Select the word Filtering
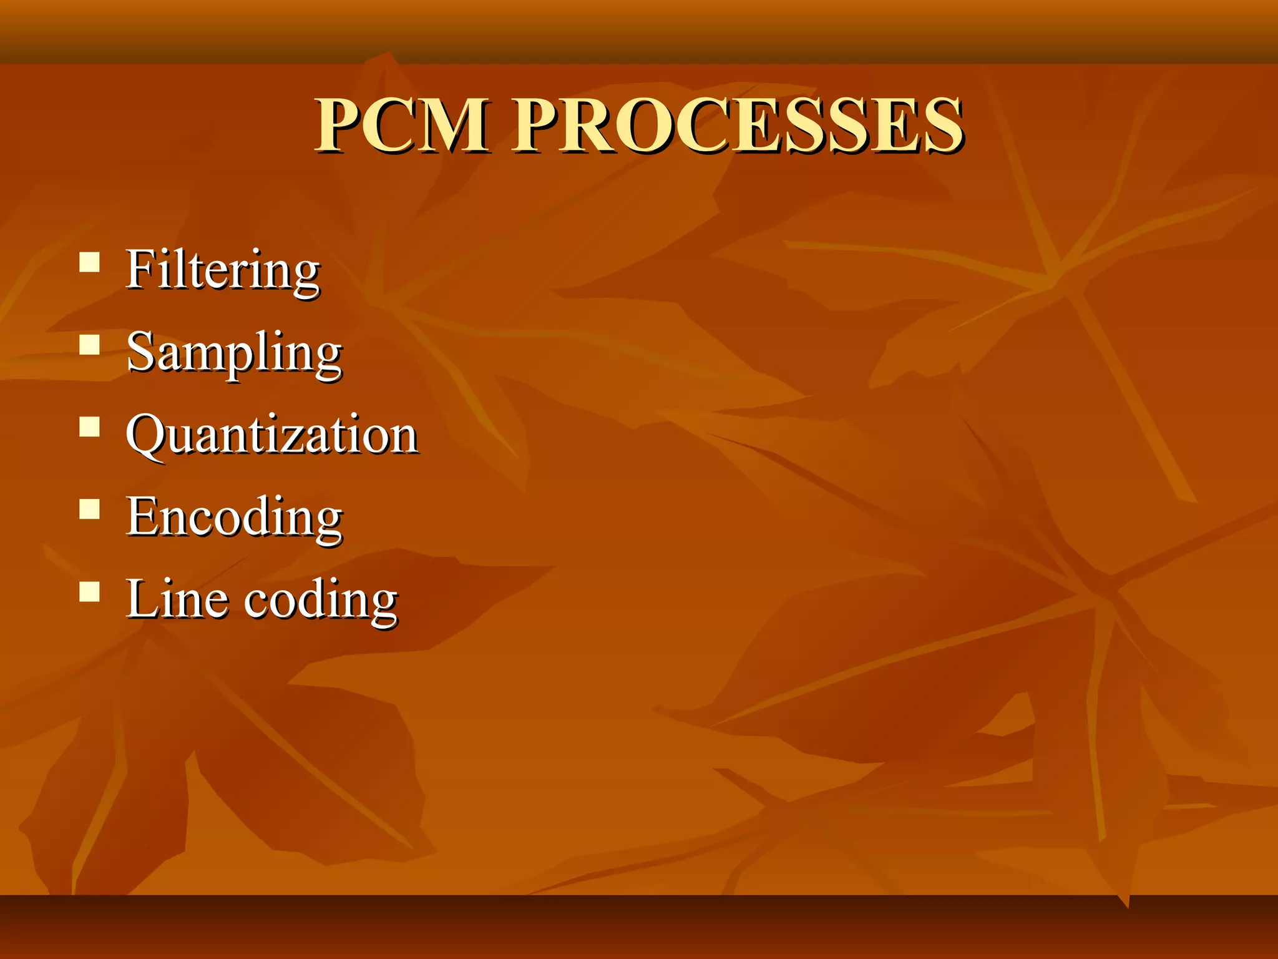point(223,270)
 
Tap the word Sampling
point(234,353)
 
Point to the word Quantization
point(271,435)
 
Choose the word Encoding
point(234,518)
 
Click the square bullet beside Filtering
point(90,262)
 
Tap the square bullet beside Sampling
point(90,345)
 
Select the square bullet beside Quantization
point(90,426)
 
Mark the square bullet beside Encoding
point(90,509)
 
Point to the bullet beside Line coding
point(90,591)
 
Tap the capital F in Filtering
point(140,268)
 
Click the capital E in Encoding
point(142,516)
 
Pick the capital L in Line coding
point(142,598)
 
